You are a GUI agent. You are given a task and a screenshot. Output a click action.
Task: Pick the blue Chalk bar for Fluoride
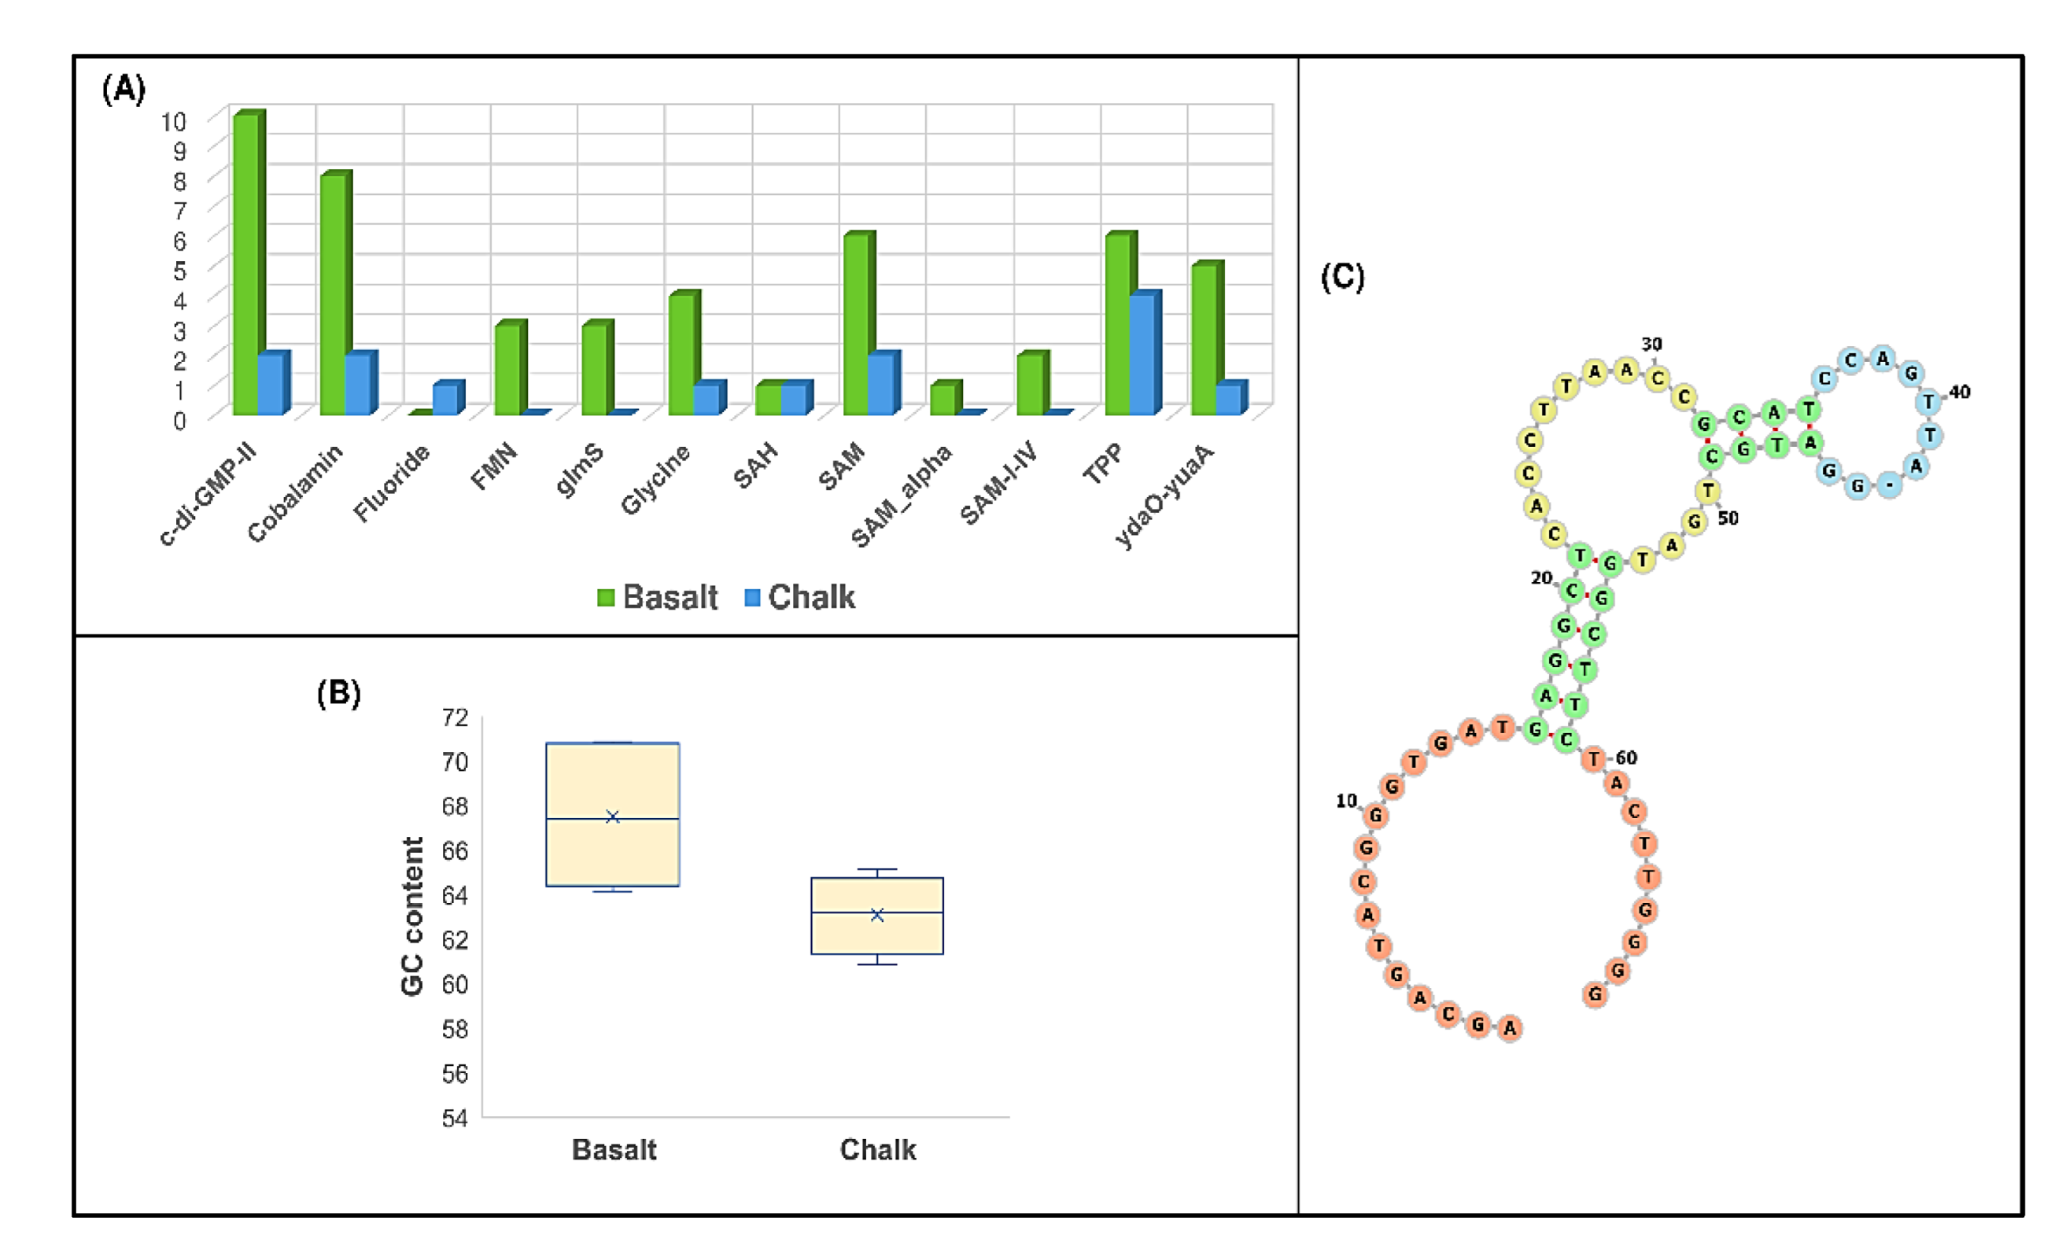coord(444,399)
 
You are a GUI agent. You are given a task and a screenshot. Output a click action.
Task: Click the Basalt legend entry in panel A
coord(658,598)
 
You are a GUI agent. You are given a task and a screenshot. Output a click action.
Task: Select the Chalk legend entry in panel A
coord(800,598)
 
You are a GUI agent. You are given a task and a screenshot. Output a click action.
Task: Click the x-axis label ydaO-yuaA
coord(1164,496)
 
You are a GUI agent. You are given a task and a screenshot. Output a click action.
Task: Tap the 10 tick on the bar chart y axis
coord(174,121)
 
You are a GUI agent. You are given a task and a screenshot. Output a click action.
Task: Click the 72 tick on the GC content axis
coord(456,717)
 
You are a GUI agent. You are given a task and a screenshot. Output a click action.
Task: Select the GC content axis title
coord(412,916)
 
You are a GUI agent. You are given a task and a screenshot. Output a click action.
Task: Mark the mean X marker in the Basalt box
coord(613,817)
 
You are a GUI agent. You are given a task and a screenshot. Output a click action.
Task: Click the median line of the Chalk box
coord(877,912)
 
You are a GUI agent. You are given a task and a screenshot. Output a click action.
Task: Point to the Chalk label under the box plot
coord(878,1150)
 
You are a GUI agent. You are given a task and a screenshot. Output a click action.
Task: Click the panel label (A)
coord(124,88)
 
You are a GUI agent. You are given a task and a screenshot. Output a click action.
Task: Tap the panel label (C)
coord(1342,276)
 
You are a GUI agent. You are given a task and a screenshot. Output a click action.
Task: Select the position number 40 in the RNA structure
coord(1959,392)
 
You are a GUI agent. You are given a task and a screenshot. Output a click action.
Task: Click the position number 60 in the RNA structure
coord(1626,758)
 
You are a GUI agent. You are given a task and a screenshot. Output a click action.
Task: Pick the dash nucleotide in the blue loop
coord(1889,485)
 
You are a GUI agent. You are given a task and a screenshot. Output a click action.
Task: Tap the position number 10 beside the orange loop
coord(1345,801)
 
